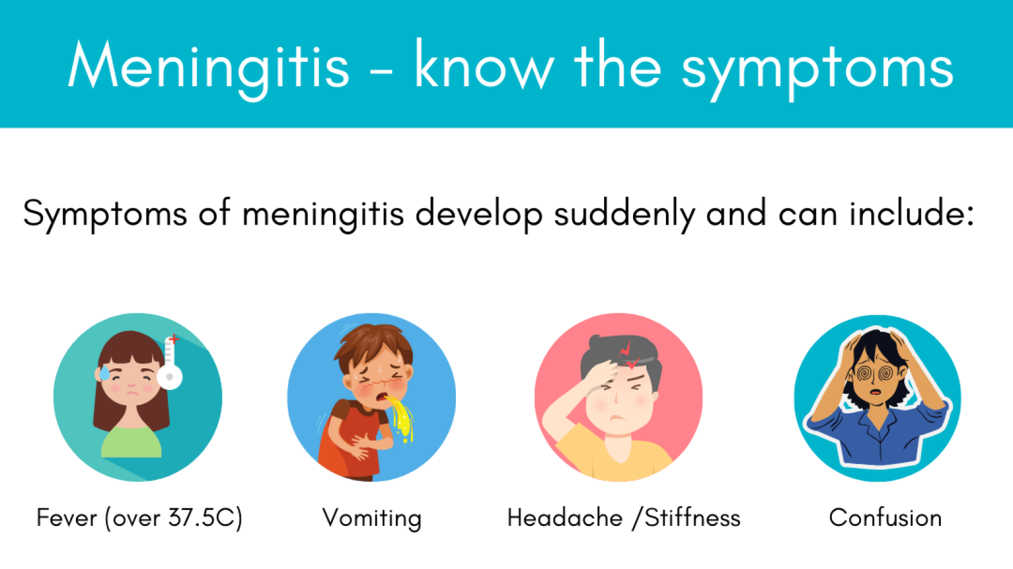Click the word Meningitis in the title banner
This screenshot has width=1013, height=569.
click(x=209, y=67)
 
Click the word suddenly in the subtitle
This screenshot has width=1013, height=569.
click(x=624, y=214)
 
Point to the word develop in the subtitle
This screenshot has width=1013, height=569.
click(x=479, y=214)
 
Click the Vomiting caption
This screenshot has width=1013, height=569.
click(x=372, y=518)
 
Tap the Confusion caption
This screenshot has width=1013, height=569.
click(x=885, y=518)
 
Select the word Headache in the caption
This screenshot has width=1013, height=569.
click(x=565, y=518)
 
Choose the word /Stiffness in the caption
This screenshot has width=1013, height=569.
click(x=686, y=518)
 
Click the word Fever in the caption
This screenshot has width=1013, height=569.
click(x=66, y=518)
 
